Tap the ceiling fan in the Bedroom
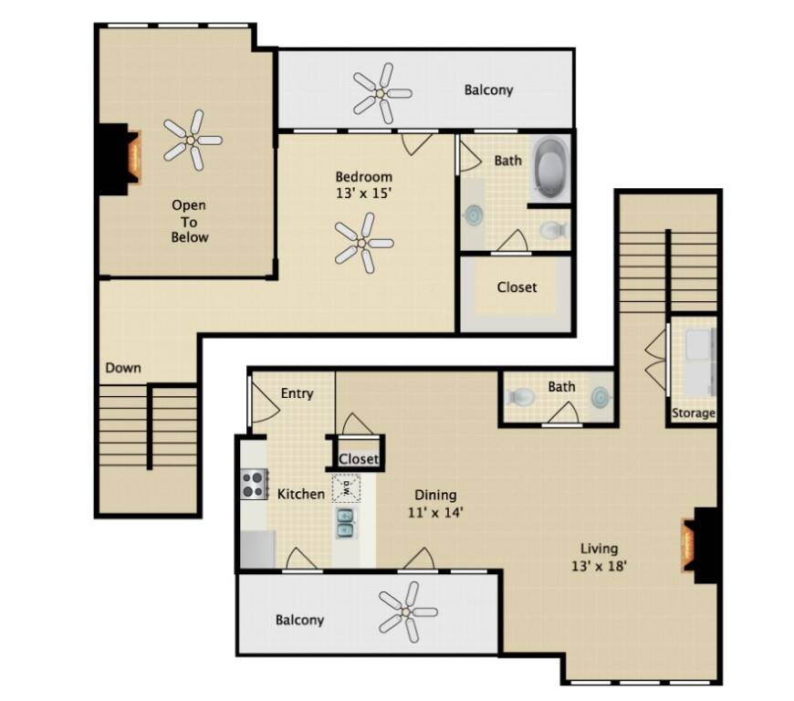(x=363, y=243)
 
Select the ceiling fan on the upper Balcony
(x=381, y=93)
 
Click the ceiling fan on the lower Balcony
(x=408, y=612)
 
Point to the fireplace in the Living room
(x=701, y=545)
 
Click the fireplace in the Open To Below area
(x=119, y=159)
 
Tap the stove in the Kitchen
(x=254, y=484)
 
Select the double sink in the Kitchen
(x=346, y=523)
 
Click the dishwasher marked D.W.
(x=347, y=488)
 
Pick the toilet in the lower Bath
(x=520, y=396)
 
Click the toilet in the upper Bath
(x=553, y=230)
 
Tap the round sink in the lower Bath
(x=601, y=395)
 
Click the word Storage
(x=694, y=413)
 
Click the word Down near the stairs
(x=123, y=368)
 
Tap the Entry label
(x=297, y=393)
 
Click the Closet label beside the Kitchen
(x=359, y=459)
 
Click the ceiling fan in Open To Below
(x=192, y=140)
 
